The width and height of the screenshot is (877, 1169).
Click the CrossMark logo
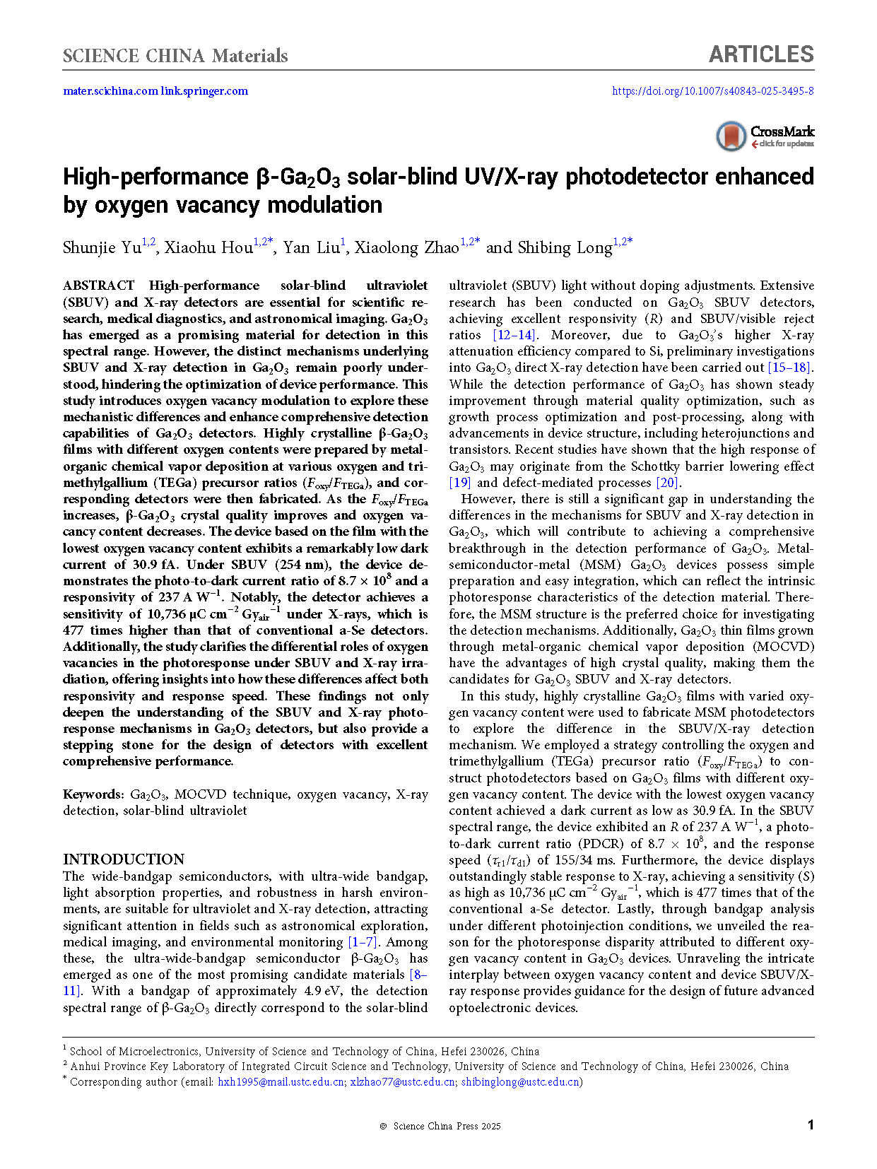point(765,136)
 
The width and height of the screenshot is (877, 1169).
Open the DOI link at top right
point(712,91)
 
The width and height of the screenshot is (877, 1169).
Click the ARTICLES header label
point(760,55)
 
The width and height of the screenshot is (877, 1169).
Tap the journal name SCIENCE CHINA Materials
point(175,56)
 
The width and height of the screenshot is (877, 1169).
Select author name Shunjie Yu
point(102,247)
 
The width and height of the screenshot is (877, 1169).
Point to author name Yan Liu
point(311,247)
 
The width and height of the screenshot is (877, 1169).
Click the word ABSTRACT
point(98,286)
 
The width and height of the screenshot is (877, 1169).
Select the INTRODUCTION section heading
point(124,859)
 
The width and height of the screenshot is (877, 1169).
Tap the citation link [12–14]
point(514,335)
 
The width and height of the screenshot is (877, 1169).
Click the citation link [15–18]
point(790,368)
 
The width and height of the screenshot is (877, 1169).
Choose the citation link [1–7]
point(363,942)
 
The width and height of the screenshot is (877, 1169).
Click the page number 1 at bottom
point(811,1124)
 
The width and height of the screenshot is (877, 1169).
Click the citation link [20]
point(668,483)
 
